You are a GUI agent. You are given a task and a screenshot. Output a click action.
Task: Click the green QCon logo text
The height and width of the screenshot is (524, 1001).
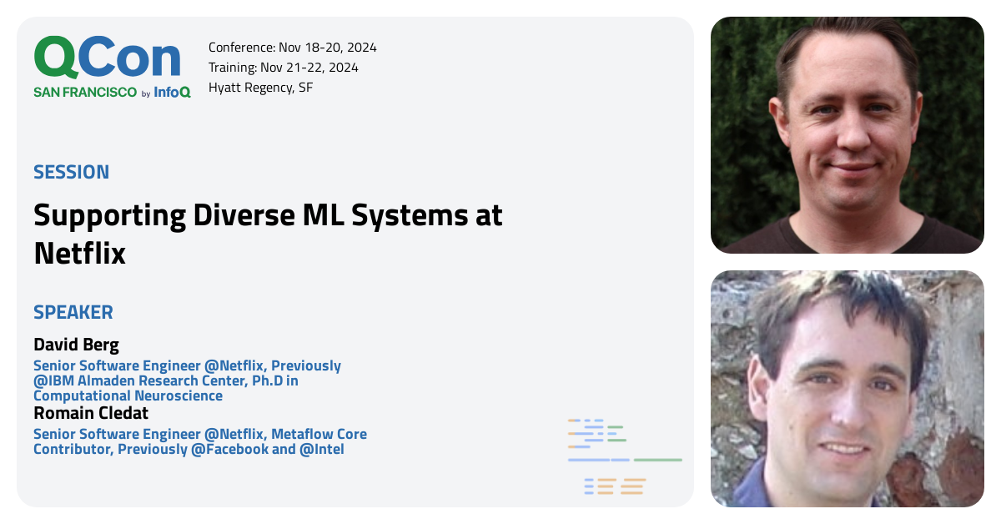coord(107,58)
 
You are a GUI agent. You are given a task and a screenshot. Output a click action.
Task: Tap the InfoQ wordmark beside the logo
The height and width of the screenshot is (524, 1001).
coord(172,93)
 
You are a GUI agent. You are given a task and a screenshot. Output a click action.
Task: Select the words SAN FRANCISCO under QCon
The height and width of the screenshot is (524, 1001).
coord(85,93)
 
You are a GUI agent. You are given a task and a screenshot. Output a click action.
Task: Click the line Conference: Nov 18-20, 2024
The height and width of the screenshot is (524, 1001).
coord(292,48)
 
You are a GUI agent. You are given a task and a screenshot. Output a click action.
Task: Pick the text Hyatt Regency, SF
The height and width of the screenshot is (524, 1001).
coord(260,88)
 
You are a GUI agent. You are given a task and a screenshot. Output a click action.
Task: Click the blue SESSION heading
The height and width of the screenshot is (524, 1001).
coord(71,173)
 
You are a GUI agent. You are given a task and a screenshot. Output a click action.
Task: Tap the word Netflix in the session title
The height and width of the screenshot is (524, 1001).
coord(79,253)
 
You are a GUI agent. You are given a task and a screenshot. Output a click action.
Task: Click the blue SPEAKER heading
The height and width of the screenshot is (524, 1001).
coord(73,313)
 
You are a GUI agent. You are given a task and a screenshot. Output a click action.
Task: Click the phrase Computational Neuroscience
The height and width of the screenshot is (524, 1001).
coord(128,396)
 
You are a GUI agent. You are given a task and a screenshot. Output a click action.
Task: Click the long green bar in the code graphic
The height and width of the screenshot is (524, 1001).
coord(657,460)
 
